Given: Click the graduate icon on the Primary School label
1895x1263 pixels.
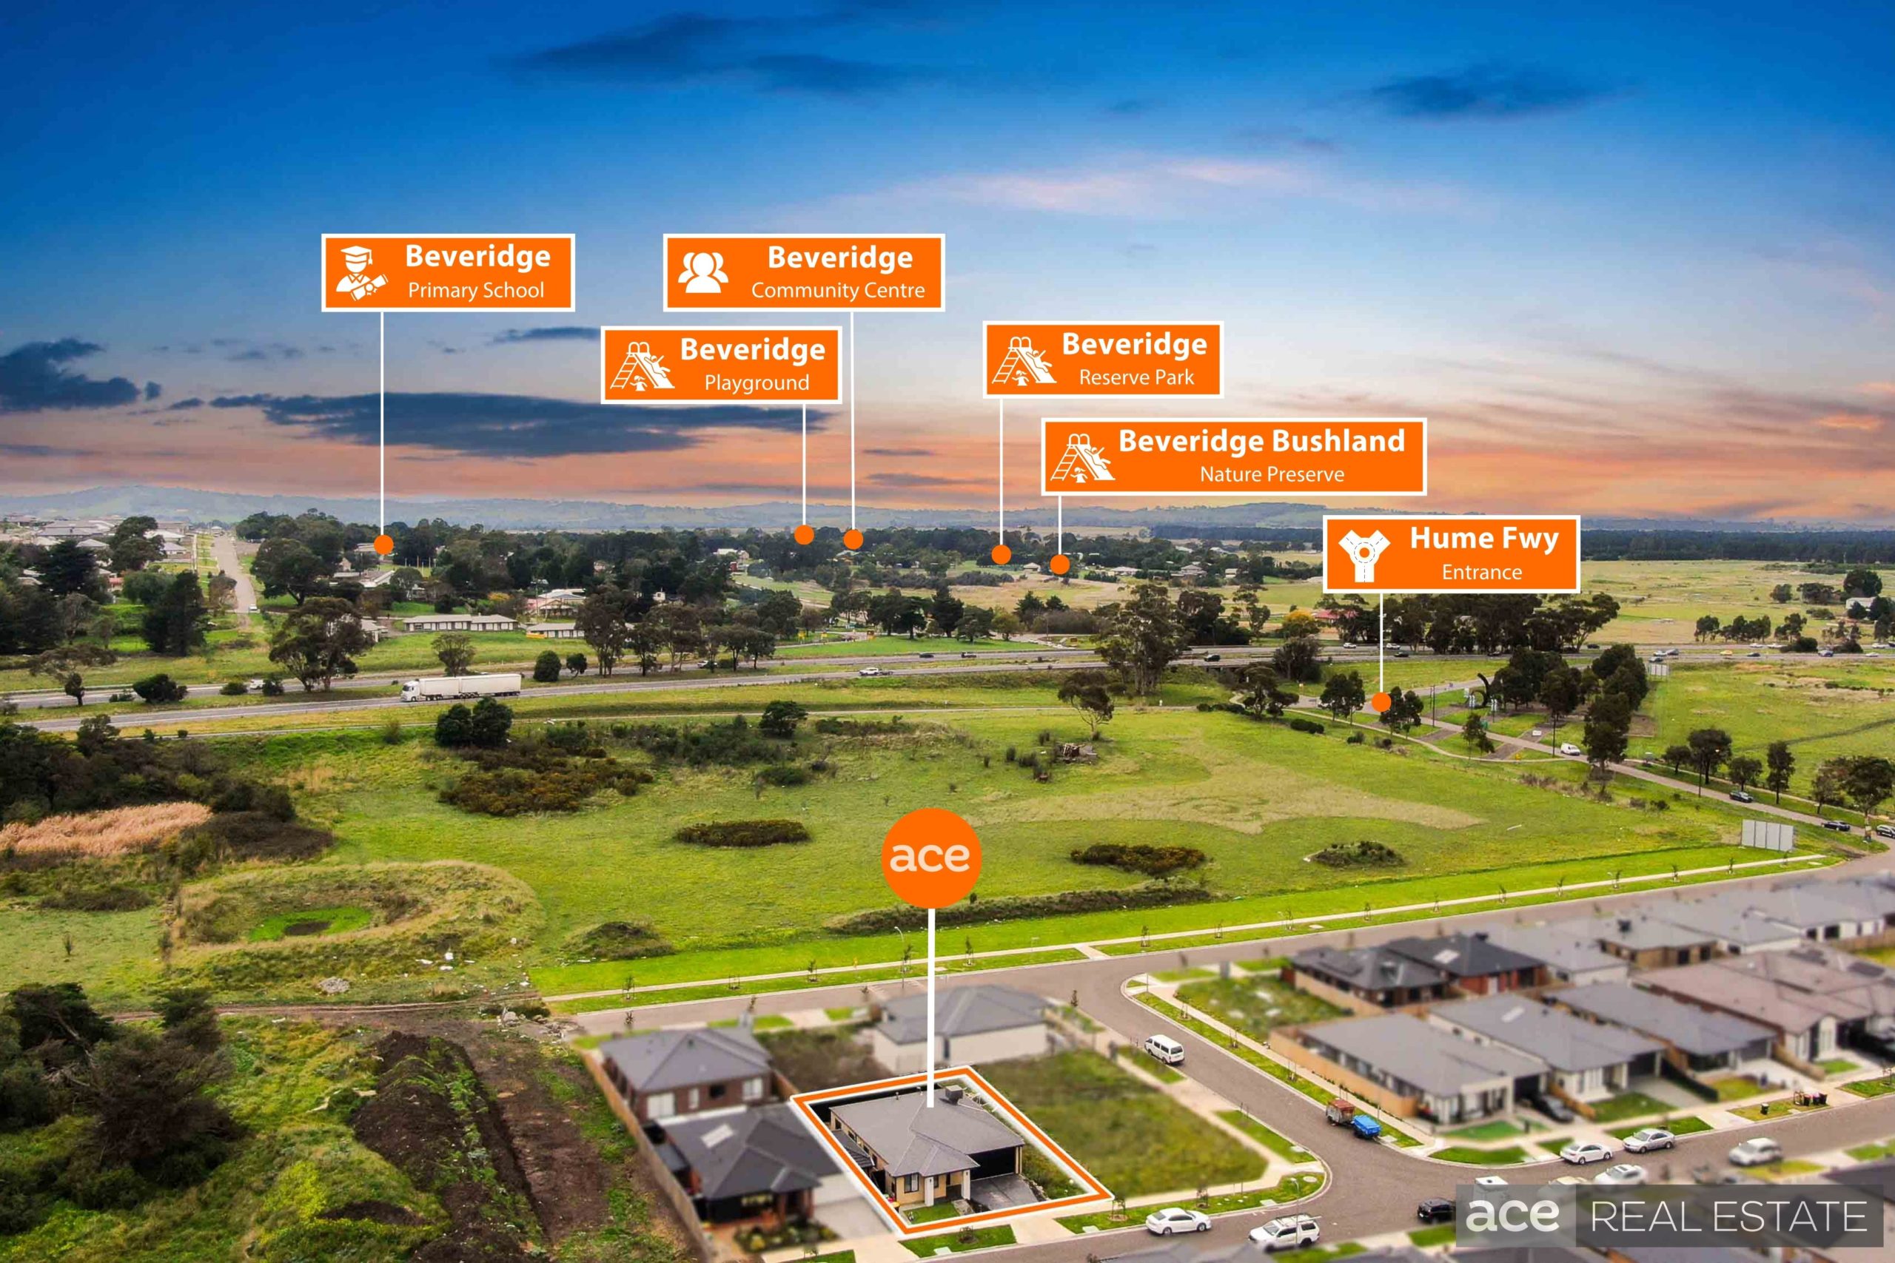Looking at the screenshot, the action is (361, 272).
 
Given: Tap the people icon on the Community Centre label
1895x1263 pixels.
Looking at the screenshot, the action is (702, 272).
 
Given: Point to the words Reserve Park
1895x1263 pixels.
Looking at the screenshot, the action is (1136, 377).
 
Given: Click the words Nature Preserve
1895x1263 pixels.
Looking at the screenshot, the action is (1272, 474).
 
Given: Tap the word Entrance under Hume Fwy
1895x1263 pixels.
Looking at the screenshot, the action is (1482, 572).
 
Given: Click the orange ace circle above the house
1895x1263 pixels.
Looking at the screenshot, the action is (930, 857).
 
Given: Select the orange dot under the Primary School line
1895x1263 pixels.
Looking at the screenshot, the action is (383, 545).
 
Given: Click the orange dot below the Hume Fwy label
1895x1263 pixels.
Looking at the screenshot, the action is (1381, 701).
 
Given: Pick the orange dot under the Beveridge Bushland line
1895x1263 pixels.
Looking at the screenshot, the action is (1059, 564).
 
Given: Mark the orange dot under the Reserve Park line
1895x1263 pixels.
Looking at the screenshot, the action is (1001, 554).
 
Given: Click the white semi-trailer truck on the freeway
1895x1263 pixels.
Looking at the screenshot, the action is (461, 687).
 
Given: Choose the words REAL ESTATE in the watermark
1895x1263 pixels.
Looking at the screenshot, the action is (1729, 1216).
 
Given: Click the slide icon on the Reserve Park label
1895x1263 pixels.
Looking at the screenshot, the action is (1023, 360).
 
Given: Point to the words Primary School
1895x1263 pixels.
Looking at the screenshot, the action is (476, 290).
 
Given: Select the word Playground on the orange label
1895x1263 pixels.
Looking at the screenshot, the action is (757, 383).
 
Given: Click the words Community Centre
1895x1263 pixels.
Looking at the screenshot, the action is (838, 290).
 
